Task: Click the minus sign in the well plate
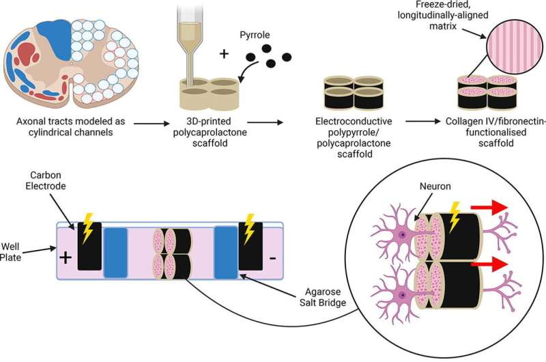[272, 259]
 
